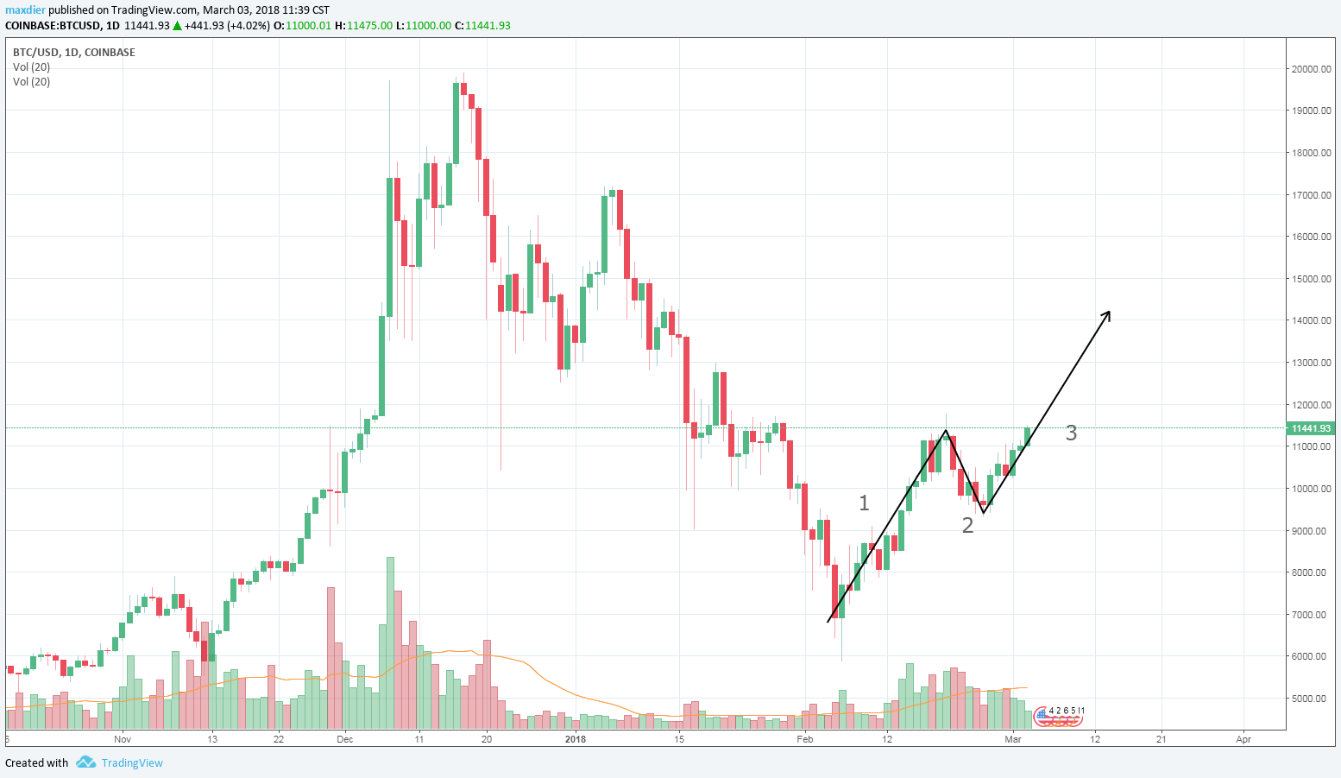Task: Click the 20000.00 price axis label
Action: (1311, 69)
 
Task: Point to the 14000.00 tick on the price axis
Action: (1311, 320)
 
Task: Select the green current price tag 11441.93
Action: (1310, 428)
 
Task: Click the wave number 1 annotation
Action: (864, 503)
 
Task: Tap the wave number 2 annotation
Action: (967, 525)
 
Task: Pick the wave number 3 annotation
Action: (1071, 433)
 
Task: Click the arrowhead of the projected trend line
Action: (1107, 313)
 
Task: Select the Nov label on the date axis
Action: (122, 739)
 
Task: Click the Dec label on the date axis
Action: (345, 739)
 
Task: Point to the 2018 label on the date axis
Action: (575, 739)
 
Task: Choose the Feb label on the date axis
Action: (805, 739)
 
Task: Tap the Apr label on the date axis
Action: (1243, 739)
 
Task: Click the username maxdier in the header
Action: (25, 10)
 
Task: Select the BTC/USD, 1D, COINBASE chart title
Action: (73, 52)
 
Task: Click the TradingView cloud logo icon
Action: (85, 762)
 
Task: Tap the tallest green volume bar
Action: (390, 643)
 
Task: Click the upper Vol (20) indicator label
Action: (31, 66)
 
